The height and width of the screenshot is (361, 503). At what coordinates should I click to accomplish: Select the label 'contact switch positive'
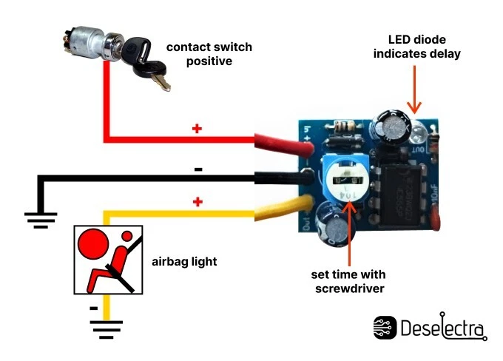click(x=209, y=54)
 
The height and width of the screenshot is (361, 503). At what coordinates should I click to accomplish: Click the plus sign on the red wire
click(x=197, y=129)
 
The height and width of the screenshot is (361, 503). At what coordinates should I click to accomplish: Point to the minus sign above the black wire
click(x=198, y=169)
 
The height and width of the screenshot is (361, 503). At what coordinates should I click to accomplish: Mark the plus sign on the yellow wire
click(x=197, y=201)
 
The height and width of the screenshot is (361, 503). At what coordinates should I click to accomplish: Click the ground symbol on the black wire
click(x=40, y=217)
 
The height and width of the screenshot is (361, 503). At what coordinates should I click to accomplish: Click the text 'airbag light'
click(x=185, y=261)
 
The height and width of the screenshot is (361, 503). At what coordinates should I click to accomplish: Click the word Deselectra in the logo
click(x=442, y=328)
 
